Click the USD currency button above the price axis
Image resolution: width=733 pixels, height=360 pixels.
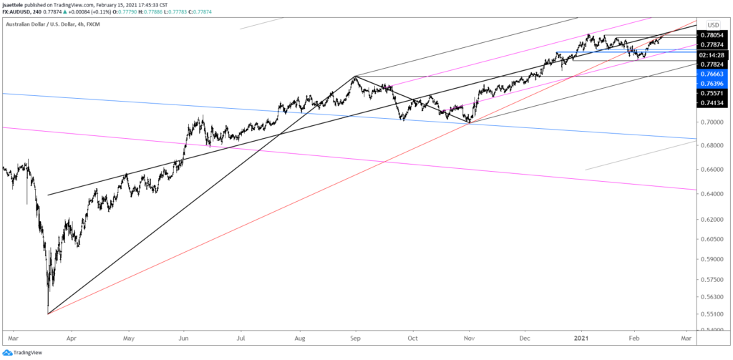click(x=713, y=24)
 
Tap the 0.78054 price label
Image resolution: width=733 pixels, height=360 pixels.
click(x=713, y=34)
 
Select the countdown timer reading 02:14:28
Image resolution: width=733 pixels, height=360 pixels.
click(x=713, y=54)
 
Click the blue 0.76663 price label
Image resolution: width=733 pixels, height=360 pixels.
click(x=713, y=74)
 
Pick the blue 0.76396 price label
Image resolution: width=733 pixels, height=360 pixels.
click(x=713, y=83)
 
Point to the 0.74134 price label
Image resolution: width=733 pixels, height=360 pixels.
click(x=713, y=103)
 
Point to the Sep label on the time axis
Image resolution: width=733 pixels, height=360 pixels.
click(x=355, y=335)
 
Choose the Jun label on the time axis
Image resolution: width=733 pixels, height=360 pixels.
click(x=184, y=335)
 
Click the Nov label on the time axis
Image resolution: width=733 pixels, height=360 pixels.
click(x=469, y=335)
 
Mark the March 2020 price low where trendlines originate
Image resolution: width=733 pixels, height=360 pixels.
click(x=47, y=313)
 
